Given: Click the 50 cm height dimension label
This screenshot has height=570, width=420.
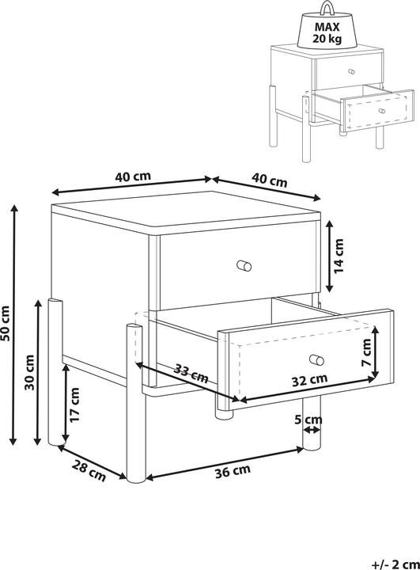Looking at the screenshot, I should [x=6, y=323].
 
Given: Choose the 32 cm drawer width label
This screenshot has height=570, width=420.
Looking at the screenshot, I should [x=309, y=379].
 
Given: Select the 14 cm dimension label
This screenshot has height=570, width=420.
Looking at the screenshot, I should [x=339, y=256].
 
